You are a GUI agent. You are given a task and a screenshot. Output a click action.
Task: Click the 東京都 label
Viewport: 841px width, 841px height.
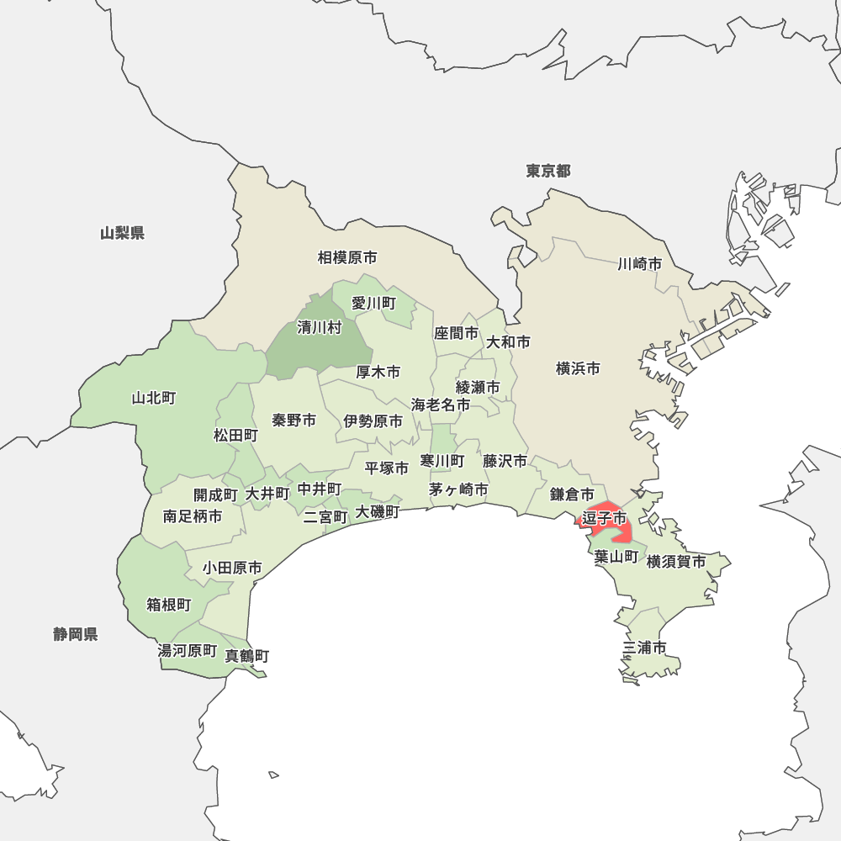point(548,172)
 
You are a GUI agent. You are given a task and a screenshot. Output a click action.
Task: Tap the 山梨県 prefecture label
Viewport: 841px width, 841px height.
point(122,233)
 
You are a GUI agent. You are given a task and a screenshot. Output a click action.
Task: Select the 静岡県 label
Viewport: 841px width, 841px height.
point(76,634)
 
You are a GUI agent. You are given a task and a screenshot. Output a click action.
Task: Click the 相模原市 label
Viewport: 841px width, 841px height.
point(347,257)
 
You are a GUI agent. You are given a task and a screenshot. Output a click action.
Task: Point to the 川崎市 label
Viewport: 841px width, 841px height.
point(639,264)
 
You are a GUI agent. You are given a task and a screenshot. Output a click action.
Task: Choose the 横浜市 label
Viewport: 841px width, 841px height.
point(578,368)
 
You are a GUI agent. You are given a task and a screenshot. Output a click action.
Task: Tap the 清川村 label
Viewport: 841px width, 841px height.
point(320,328)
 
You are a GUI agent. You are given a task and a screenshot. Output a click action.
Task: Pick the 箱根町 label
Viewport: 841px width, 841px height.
point(169,605)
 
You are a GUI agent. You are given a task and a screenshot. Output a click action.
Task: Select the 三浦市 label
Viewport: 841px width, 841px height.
point(645,648)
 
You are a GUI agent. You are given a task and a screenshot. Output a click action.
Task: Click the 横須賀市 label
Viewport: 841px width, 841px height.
point(676,561)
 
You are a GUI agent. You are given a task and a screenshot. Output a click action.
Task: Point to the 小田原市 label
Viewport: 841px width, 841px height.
point(231,569)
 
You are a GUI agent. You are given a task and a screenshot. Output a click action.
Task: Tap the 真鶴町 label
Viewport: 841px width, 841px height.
point(247,655)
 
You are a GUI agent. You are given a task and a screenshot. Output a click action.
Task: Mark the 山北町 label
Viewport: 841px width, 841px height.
point(154,398)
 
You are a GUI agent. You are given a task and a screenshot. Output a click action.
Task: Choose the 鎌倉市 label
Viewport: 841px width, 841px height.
point(573,495)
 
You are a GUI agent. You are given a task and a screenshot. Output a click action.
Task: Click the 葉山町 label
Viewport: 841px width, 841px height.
point(616,557)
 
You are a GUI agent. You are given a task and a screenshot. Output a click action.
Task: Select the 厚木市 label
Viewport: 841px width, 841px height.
point(378,372)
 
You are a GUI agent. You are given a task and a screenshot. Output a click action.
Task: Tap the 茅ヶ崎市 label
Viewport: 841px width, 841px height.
point(458,489)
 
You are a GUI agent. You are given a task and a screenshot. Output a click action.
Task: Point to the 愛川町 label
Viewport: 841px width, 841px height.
point(373,303)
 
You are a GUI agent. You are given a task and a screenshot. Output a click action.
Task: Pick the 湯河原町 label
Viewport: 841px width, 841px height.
point(188,650)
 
